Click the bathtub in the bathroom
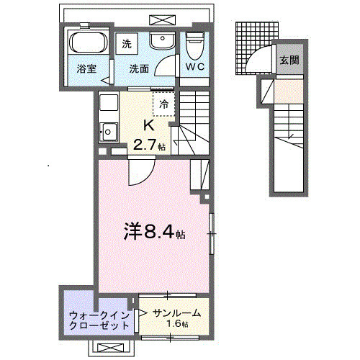click(x=89, y=42)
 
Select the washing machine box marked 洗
click(x=127, y=44)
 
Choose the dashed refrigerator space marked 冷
click(x=163, y=103)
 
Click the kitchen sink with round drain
click(x=109, y=132)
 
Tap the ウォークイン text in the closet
click(x=99, y=315)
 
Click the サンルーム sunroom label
click(x=176, y=313)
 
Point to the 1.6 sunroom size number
click(x=173, y=325)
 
